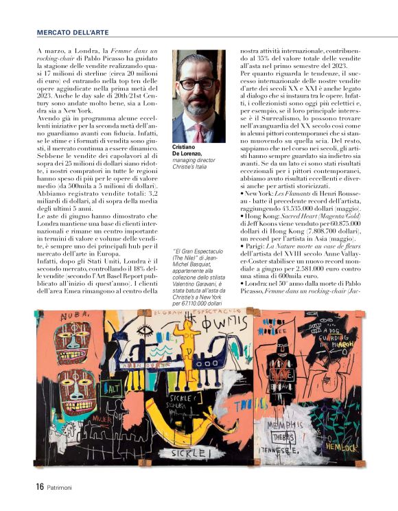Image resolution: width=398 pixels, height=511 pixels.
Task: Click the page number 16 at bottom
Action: (40, 486)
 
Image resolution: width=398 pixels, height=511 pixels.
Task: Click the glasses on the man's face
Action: (198, 84)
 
